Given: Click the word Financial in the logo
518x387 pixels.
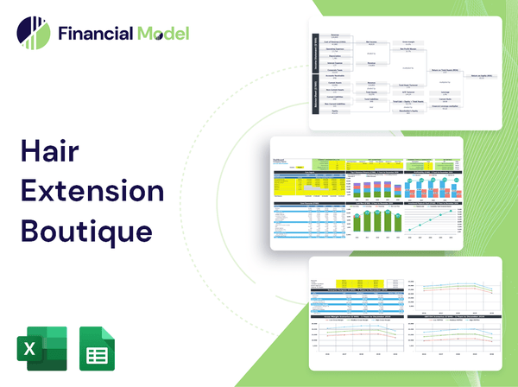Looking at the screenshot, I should pos(94,35).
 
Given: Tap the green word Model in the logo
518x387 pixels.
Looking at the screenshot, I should pos(162,35).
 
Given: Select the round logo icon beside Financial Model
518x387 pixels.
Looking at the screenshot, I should pos(32,34).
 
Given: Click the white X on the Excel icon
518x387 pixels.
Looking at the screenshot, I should pos(28,349).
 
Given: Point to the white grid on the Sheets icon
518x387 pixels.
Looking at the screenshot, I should pos(98,352).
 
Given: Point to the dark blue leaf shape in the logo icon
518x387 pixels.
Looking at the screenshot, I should pos(26,30).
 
